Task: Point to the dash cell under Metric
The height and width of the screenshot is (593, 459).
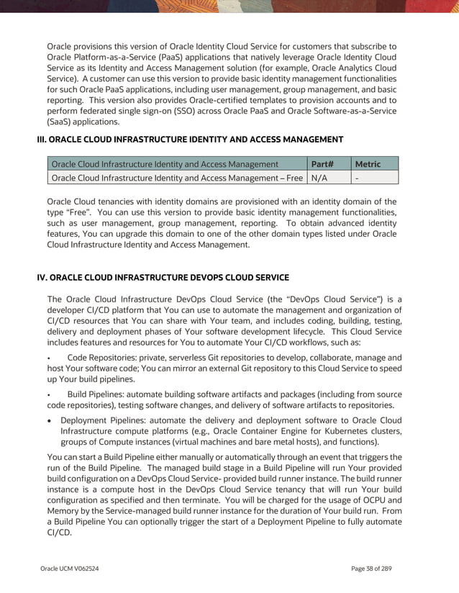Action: [358, 178]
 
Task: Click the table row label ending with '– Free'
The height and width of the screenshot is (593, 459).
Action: [177, 178]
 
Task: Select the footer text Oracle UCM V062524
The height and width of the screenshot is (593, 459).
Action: [70, 569]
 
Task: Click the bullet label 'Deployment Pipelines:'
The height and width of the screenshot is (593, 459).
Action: [106, 421]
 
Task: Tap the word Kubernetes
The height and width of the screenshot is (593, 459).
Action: [352, 432]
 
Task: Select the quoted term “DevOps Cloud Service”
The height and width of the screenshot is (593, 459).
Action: [315, 299]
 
